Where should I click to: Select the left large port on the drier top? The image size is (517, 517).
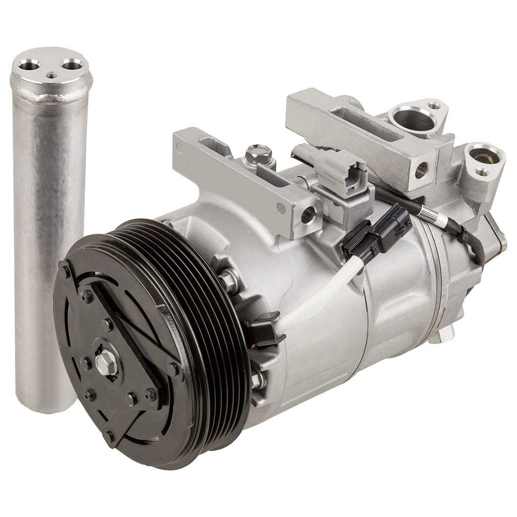pos(29,65)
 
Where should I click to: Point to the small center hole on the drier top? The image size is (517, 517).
pos(51,75)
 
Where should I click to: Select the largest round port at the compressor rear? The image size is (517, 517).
pos(412,119)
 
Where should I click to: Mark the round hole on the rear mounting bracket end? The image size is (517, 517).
pos(421,169)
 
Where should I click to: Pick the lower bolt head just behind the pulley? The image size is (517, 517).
pos(257,379)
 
